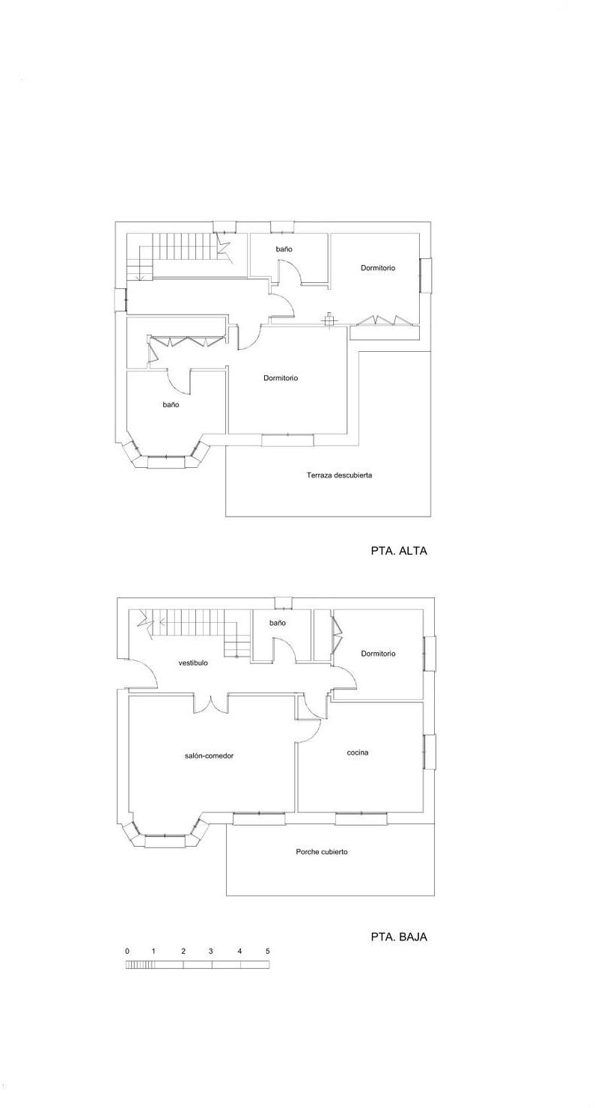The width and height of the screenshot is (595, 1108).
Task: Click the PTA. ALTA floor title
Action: click(399, 550)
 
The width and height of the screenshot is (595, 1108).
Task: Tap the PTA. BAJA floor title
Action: click(399, 937)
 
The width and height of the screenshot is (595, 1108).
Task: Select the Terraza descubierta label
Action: click(339, 475)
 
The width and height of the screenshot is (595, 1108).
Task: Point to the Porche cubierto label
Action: click(322, 852)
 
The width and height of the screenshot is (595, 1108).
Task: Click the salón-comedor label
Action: click(210, 756)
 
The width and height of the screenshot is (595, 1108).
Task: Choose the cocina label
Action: click(358, 752)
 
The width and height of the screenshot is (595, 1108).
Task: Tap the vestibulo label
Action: click(193, 663)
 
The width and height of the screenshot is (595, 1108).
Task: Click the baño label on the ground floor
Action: click(278, 623)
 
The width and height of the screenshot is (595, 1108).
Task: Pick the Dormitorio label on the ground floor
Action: click(379, 654)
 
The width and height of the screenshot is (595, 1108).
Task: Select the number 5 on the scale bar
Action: click(268, 951)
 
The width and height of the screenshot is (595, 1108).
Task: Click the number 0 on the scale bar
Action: click(127, 951)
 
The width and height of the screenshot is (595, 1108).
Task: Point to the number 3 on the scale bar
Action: click(211, 951)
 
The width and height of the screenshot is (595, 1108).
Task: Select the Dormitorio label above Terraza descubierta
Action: click(281, 378)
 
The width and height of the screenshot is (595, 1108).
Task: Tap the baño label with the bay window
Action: click(171, 404)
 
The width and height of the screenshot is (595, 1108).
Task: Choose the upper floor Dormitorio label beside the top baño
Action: click(378, 268)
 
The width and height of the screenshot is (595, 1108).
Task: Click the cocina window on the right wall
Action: click(430, 752)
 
